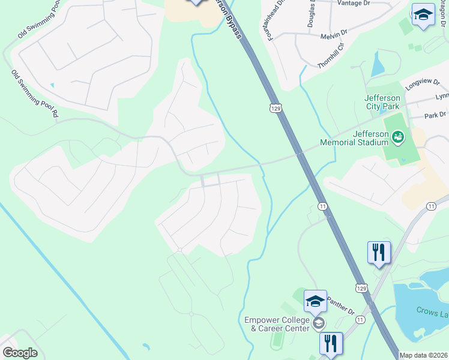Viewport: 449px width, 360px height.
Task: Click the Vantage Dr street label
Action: coord(354,3)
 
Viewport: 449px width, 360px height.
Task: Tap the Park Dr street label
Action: coord(435,114)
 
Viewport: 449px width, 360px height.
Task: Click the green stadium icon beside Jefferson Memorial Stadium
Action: coord(397,139)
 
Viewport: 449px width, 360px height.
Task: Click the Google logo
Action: coord(20,353)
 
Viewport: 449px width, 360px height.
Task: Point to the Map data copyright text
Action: coord(424,355)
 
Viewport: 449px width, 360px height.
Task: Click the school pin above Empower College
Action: coord(315,301)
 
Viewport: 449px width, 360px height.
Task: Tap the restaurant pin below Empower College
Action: coord(331,344)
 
